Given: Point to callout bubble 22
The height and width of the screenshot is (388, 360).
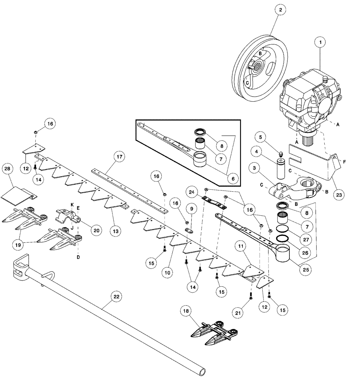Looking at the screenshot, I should tap(116, 297).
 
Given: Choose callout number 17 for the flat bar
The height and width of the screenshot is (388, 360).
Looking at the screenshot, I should tap(119, 157).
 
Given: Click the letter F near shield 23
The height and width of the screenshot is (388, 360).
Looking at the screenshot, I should tap(344, 159).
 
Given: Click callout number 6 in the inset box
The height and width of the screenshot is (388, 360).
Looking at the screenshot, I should tap(233, 179).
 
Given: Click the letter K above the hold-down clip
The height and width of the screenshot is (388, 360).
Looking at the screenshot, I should tap(72, 204).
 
